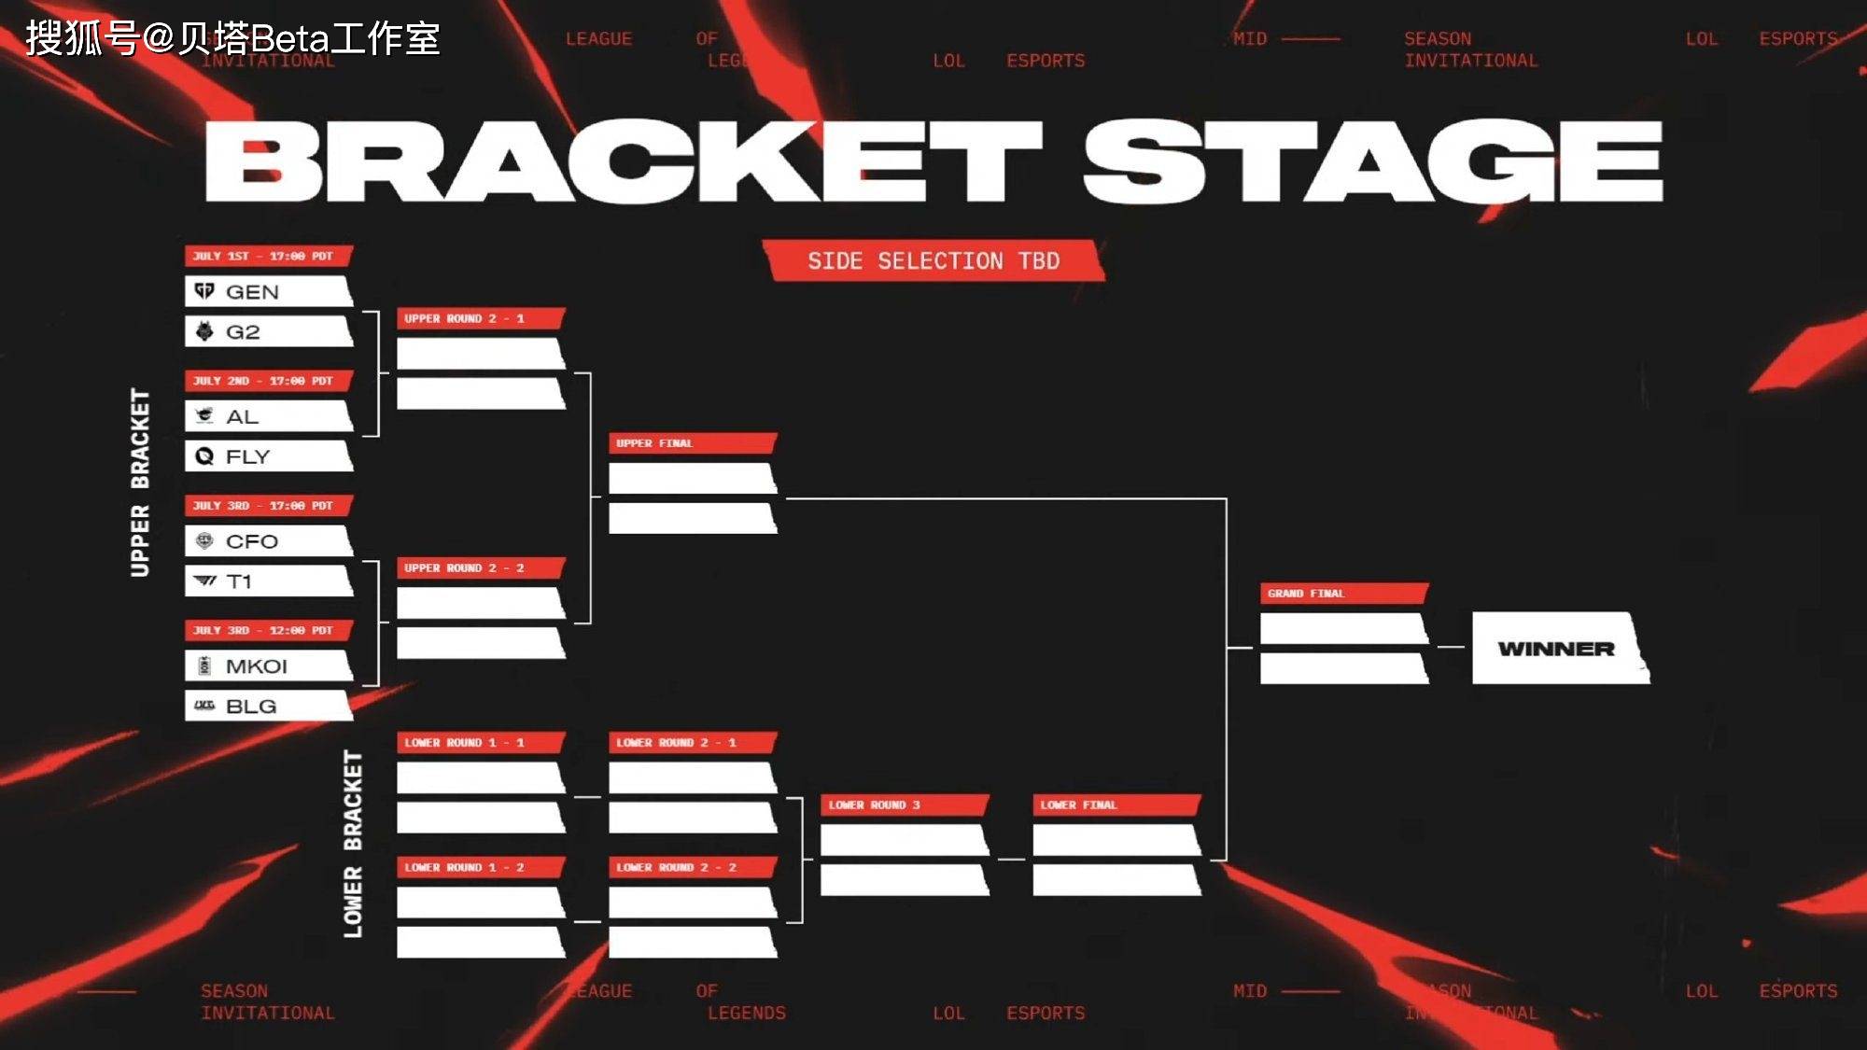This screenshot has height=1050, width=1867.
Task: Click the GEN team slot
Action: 269,291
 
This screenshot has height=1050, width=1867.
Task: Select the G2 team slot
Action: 269,331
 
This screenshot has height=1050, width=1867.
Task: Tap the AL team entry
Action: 269,416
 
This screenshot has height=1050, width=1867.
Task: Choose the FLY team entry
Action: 269,456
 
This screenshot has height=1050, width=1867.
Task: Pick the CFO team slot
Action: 269,541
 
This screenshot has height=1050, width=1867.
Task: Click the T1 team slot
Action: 269,581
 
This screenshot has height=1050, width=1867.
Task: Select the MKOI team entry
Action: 269,665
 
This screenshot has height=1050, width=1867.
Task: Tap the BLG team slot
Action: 269,706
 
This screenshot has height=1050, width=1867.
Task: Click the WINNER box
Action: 1557,649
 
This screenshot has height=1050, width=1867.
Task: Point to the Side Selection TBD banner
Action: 933,260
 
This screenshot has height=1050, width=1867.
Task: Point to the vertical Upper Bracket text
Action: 140,483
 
